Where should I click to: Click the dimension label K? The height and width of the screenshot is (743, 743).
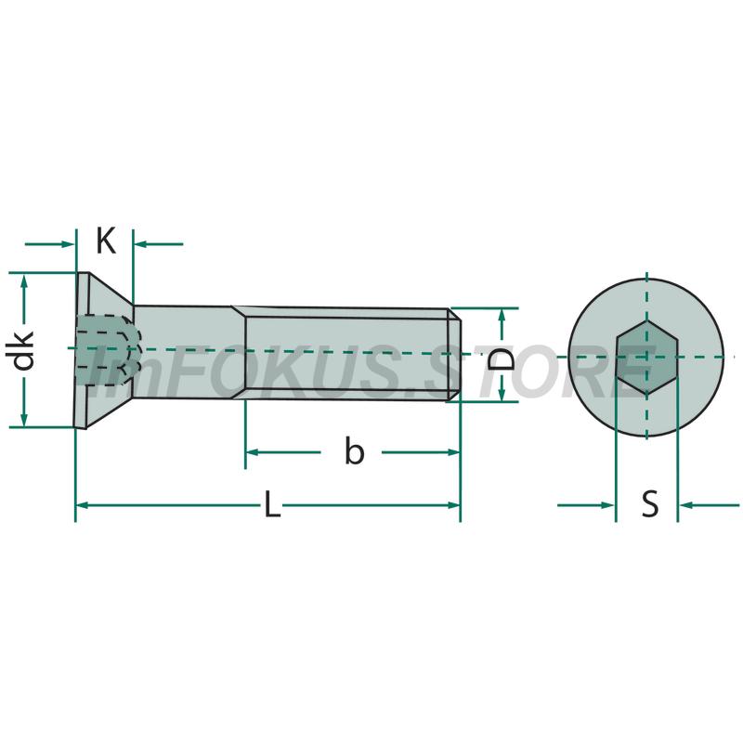pyautogui.click(x=106, y=241)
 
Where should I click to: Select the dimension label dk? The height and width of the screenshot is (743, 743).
pyautogui.click(x=23, y=351)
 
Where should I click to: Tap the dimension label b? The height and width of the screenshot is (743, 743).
pyautogui.click(x=355, y=451)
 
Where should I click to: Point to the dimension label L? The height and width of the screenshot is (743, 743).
pyautogui.click(x=272, y=504)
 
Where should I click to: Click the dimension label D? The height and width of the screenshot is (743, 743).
pyautogui.click(x=501, y=358)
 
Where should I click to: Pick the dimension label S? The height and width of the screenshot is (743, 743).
pyautogui.click(x=649, y=503)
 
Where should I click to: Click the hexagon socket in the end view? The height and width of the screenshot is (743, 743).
pyautogui.click(x=646, y=358)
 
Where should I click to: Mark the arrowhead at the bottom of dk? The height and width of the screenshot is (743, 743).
pyautogui.click(x=24, y=419)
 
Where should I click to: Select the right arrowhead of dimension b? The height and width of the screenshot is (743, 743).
pyautogui.click(x=453, y=452)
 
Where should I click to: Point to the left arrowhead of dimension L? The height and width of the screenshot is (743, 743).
pyautogui.click(x=83, y=505)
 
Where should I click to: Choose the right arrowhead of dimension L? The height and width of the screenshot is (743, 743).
pyautogui.click(x=453, y=505)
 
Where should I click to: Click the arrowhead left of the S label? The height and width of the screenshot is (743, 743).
pyautogui.click(x=608, y=505)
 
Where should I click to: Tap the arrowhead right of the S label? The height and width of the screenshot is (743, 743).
pyautogui.click(x=685, y=505)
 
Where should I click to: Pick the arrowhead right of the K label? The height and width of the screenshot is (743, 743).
pyautogui.click(x=141, y=244)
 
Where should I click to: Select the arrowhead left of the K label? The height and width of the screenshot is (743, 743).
pyautogui.click(x=68, y=244)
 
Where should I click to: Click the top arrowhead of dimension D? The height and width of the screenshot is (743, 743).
pyautogui.click(x=502, y=316)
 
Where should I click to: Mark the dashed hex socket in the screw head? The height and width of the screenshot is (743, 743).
pyautogui.click(x=108, y=350)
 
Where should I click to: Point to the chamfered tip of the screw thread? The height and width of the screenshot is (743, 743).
pyautogui.click(x=454, y=355)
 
